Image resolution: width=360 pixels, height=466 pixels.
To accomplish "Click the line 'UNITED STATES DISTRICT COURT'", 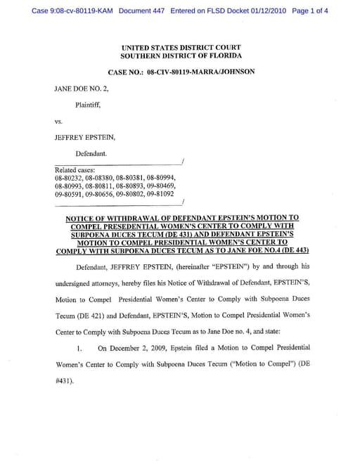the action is tap(181, 46).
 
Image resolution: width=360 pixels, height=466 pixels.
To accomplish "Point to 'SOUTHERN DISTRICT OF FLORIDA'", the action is tap(181, 55).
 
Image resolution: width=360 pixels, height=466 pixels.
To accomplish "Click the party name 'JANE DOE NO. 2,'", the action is tap(82, 90).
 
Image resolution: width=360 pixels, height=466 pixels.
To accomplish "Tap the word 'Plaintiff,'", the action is tap(89, 105).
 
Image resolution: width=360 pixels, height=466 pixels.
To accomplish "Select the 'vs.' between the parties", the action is tap(59, 121).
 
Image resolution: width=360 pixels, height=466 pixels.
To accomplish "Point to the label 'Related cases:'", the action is tap(75, 170).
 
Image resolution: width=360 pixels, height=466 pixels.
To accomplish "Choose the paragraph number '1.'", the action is tap(80, 347).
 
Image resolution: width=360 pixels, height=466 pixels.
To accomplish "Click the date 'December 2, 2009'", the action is tap(136, 347).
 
